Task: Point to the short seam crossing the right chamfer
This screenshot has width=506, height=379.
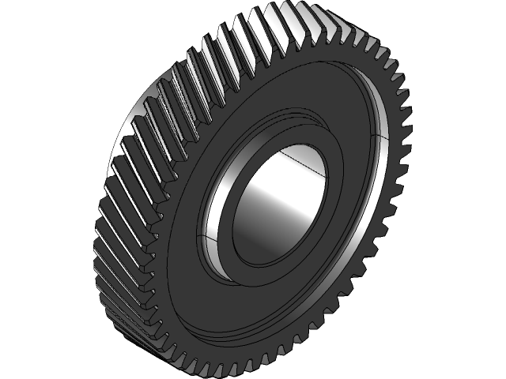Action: tap(380, 138)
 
